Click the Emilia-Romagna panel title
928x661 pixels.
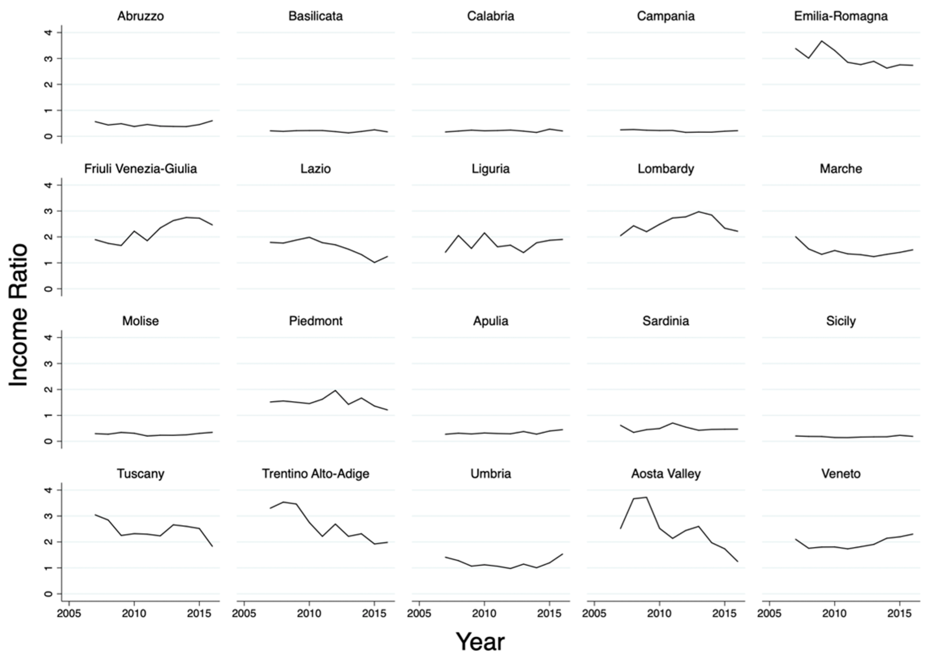tap(840, 16)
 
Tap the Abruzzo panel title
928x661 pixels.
tap(141, 16)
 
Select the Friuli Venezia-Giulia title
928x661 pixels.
tap(141, 169)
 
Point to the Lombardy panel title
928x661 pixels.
tap(666, 169)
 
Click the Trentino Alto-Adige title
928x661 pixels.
tap(315, 474)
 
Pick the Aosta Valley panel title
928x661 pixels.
tap(666, 474)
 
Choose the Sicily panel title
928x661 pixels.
tap(840, 321)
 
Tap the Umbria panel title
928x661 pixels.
tap(491, 474)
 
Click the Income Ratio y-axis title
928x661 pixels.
tap(18, 315)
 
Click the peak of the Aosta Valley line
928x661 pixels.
tap(646, 497)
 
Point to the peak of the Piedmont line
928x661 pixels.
tap(335, 390)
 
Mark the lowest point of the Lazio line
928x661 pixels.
tap(375, 263)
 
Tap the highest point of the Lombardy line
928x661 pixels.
tap(699, 212)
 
